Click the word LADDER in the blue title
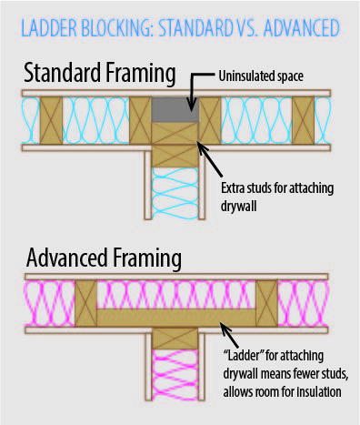click(49, 28)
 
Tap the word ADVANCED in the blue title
click(302, 28)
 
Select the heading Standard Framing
click(100, 73)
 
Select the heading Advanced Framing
click(104, 258)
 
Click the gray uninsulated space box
click(175, 110)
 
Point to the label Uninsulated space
click(261, 76)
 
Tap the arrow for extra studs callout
click(210, 158)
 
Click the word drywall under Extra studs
click(239, 206)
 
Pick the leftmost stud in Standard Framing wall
click(51, 120)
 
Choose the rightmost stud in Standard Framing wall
click(304, 120)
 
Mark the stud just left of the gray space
click(140, 120)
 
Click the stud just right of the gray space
click(210, 120)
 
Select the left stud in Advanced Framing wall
click(85, 303)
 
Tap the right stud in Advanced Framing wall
click(267, 303)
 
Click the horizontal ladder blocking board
click(176, 318)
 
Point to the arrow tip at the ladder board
click(221, 324)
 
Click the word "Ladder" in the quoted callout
click(244, 356)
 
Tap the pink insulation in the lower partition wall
click(175, 374)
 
